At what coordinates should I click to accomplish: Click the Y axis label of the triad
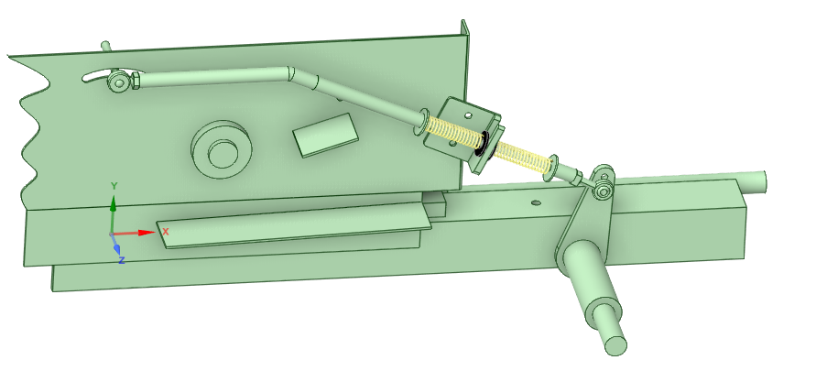(114, 186)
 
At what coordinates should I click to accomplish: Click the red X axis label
(166, 232)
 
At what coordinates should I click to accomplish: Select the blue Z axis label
(122, 260)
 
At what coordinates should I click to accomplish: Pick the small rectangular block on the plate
(325, 134)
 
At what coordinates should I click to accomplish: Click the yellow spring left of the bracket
(452, 133)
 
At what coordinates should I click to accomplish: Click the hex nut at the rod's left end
(135, 82)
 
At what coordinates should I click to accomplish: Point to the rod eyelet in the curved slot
(118, 83)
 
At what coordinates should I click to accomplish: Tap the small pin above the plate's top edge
(105, 45)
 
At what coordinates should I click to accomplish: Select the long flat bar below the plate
(293, 224)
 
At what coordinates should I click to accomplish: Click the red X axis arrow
(144, 233)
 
